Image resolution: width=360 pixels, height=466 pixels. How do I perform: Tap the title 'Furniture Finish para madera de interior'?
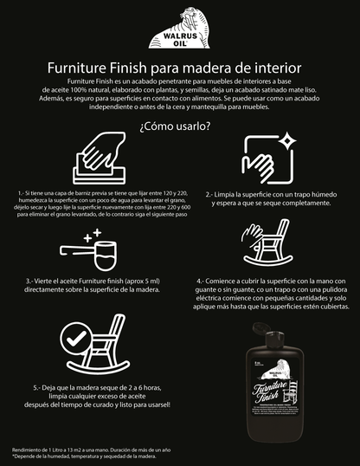point(179,67)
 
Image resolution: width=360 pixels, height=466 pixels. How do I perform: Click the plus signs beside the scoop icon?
point(91,234)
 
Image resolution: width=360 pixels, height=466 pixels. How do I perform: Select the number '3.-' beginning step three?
point(31,282)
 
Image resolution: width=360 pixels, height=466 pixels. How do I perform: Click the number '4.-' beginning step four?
point(202,281)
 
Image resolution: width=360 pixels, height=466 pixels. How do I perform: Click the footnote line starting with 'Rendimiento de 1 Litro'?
point(90,450)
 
